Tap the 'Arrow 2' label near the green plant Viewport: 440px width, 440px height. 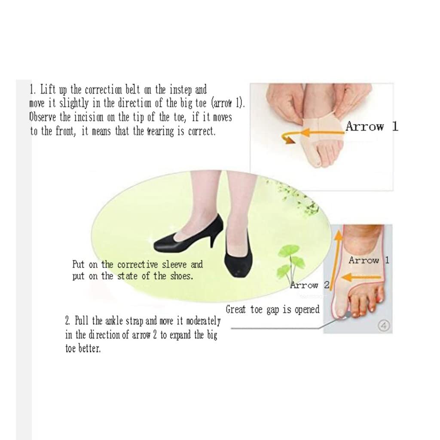[x=310, y=285]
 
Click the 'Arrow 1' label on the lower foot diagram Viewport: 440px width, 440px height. [x=369, y=260]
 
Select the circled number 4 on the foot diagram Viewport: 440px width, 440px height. [x=384, y=326]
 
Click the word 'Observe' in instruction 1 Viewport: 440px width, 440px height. [x=43, y=117]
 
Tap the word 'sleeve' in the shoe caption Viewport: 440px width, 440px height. [x=174, y=265]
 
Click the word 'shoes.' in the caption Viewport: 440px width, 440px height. [x=182, y=276]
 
